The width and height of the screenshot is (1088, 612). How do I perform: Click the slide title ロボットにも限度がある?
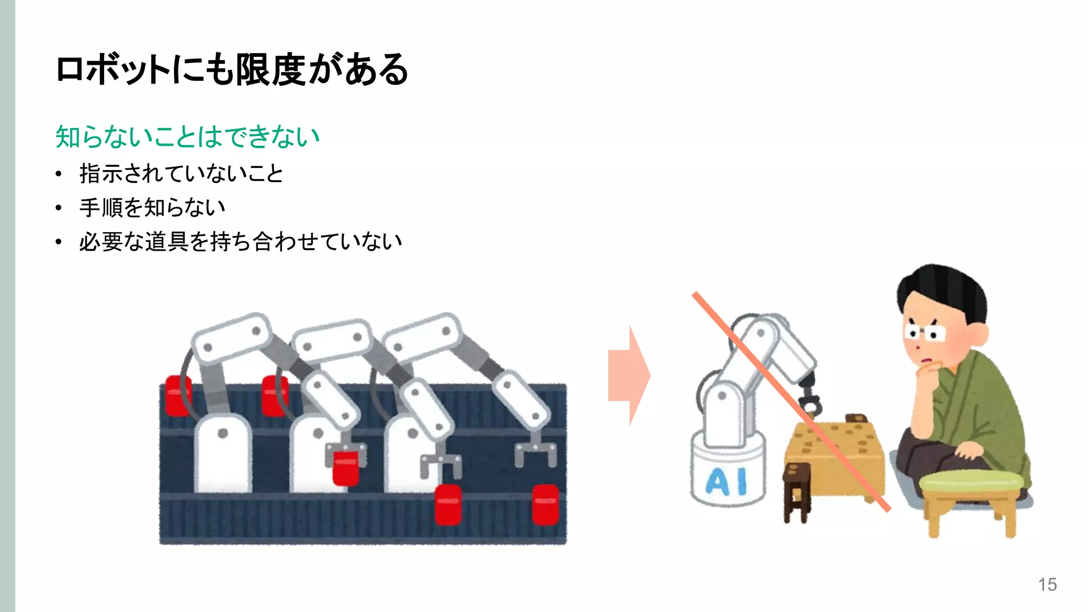(232, 70)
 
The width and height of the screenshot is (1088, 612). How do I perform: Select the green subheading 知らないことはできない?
(187, 137)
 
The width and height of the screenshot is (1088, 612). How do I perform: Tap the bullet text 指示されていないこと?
(181, 174)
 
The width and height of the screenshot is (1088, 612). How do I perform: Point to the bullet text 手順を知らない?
(152, 208)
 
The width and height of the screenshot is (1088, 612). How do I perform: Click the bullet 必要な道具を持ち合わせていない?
(240, 242)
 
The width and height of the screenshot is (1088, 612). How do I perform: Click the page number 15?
(1047, 584)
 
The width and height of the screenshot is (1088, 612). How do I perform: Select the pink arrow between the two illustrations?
(629, 375)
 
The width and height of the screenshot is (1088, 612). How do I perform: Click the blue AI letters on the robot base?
(726, 482)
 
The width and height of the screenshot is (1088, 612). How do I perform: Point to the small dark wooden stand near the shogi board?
(796, 491)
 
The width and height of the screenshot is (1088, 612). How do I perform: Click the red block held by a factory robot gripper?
(345, 466)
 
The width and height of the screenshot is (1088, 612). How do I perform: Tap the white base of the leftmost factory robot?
(223, 454)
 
